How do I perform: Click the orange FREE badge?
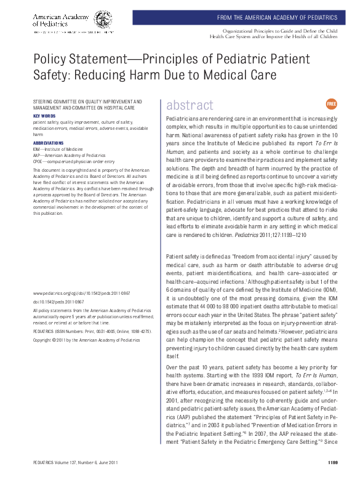pyautogui.click(x=331, y=104)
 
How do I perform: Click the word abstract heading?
pyautogui.click(x=190, y=105)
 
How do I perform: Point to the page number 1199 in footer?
pyautogui.click(x=333, y=462)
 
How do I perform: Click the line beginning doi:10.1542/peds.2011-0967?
pyautogui.click(x=58, y=303)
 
